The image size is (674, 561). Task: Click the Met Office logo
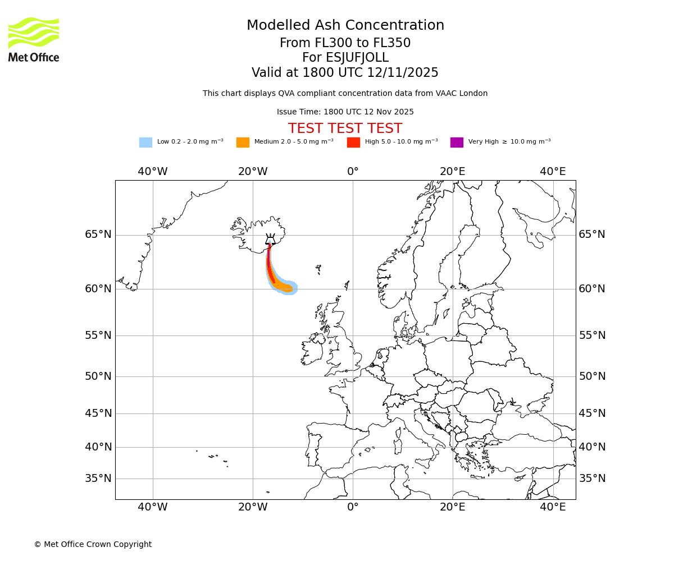tap(34, 39)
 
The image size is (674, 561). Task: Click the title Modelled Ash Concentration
tap(345, 26)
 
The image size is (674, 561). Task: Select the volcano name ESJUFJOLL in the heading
tap(345, 58)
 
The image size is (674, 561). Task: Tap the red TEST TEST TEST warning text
tap(345, 129)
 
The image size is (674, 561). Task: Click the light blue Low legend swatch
tap(145, 142)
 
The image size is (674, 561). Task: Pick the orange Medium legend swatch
tap(243, 142)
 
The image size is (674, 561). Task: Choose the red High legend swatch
tap(353, 142)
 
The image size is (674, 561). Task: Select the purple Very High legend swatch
tap(457, 142)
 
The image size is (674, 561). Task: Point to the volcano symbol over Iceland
tap(270, 239)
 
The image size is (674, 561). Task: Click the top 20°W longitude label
tap(253, 172)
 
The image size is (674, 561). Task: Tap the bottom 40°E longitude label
tap(553, 508)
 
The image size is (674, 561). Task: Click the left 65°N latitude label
tap(98, 234)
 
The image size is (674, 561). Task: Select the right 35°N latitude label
tap(592, 479)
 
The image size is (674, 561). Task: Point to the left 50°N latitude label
tap(98, 376)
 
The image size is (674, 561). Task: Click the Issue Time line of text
tap(345, 112)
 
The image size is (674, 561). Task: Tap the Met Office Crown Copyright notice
tap(93, 545)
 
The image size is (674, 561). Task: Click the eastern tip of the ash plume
tap(295, 288)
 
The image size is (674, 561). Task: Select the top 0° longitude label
tap(353, 172)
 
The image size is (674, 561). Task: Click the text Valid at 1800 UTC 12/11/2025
tap(345, 73)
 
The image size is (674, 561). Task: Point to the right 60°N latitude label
tap(592, 289)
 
